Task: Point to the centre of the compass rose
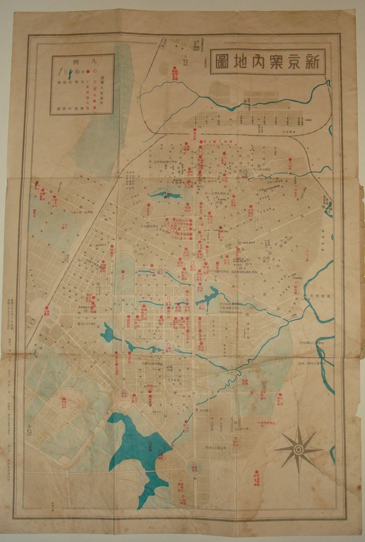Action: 298,449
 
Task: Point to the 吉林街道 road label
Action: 318,296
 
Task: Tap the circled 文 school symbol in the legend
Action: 79,70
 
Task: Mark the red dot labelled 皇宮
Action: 123,272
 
